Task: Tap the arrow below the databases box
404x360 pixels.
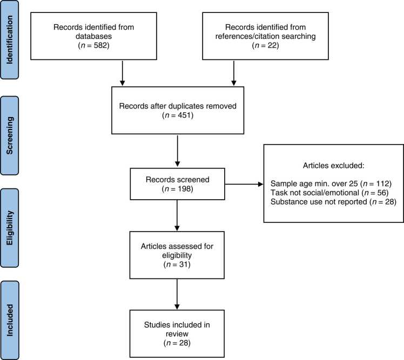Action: [123, 73]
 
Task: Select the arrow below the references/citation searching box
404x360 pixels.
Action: [234, 73]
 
